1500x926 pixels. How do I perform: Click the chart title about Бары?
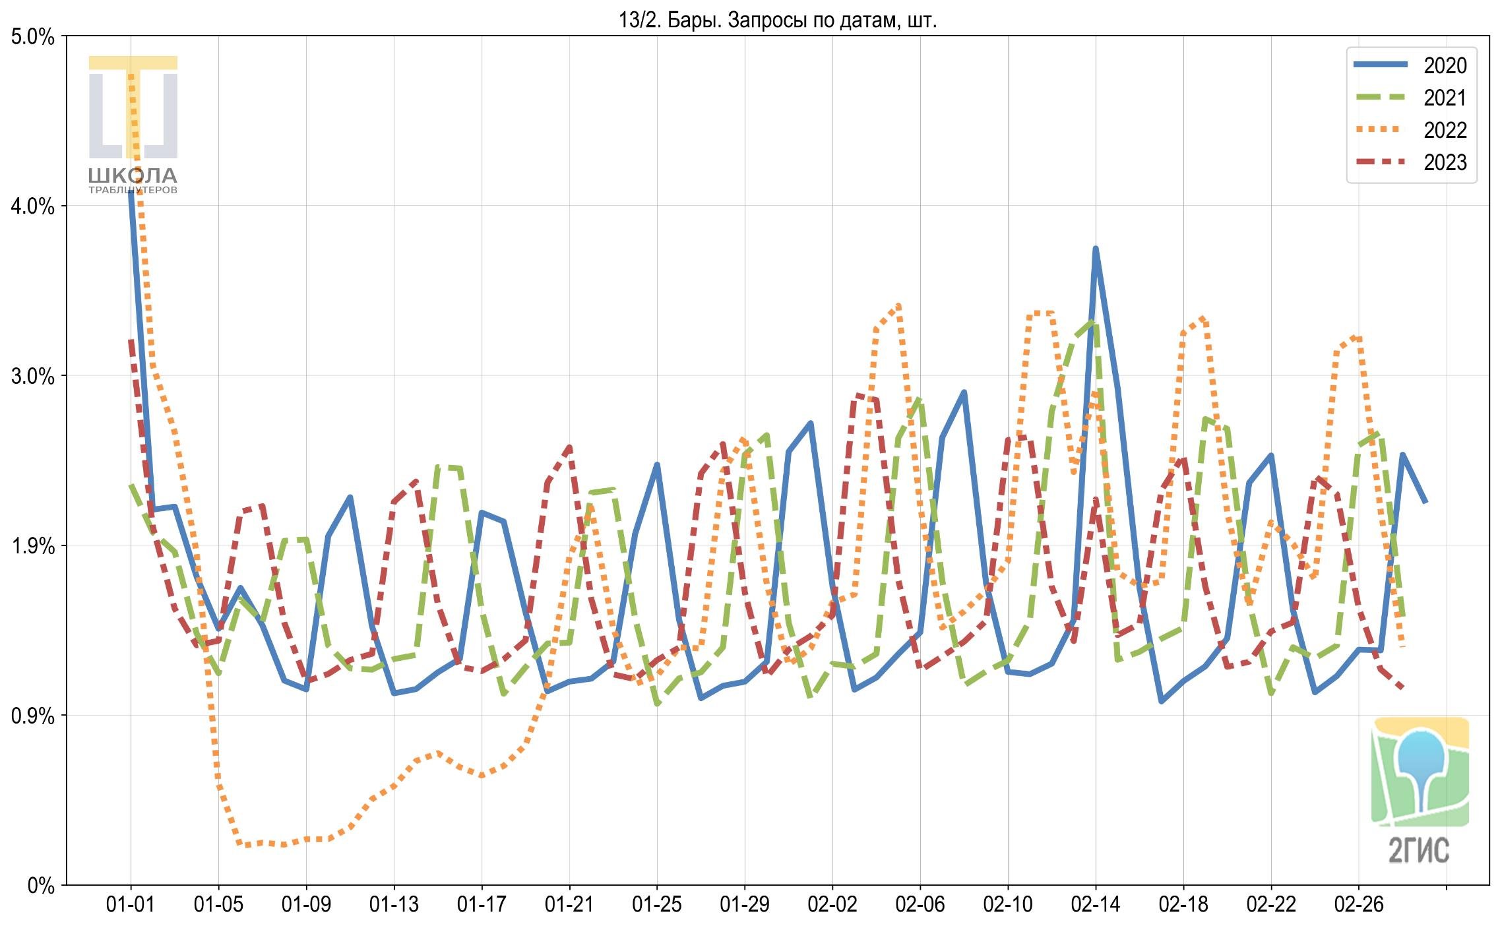[778, 20]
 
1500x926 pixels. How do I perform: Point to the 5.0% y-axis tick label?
[32, 37]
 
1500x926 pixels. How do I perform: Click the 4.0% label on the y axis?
[32, 206]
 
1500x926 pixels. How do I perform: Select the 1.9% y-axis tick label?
[32, 546]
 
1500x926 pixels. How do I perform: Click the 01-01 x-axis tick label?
[131, 905]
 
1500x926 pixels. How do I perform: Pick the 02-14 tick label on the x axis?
[1096, 905]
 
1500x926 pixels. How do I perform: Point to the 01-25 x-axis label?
[657, 905]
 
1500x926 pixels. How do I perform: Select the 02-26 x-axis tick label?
[1359, 905]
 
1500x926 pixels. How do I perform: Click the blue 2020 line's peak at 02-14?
[1096, 249]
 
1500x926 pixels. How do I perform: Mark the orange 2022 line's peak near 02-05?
[898, 305]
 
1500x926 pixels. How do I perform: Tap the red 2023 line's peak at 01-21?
[569, 447]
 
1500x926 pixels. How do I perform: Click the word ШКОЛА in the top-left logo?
[133, 175]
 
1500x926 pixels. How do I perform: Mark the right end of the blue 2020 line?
[1425, 502]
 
